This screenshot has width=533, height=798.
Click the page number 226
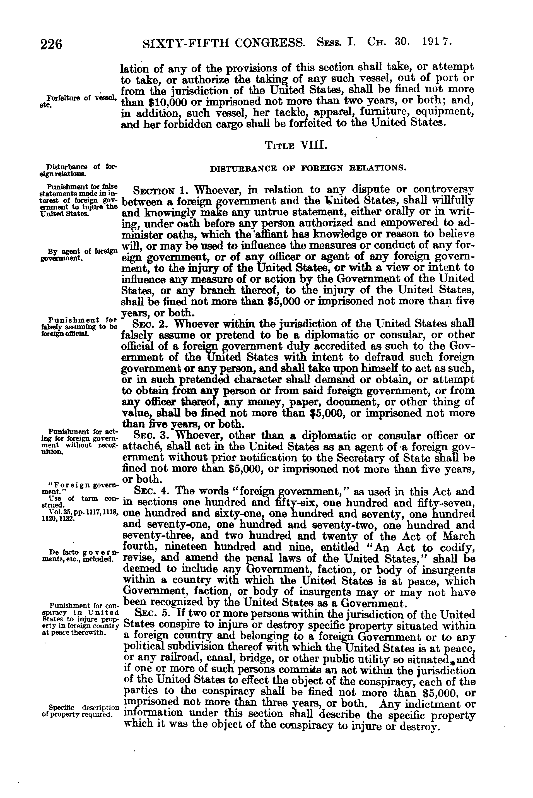[x=51, y=45]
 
